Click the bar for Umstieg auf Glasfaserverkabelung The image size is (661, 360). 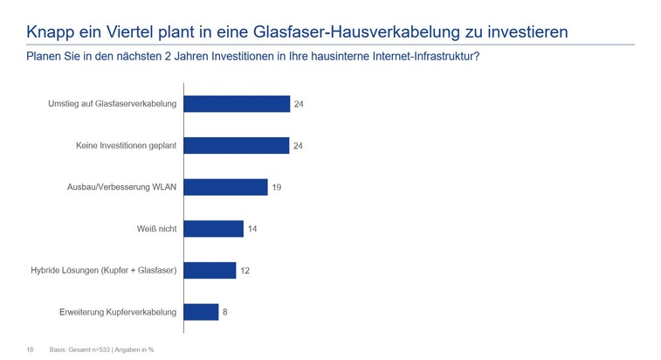pos(237,104)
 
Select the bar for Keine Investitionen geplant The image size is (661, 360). pos(237,145)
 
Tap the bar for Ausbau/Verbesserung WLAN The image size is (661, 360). pos(225,187)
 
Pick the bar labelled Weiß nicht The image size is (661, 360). pos(213,228)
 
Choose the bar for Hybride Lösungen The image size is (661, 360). pos(210,270)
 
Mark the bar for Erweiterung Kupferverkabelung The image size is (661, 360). pos(201,312)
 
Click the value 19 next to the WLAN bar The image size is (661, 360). pos(277,187)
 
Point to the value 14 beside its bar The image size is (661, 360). pos(252,229)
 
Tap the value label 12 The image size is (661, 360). pos(245,271)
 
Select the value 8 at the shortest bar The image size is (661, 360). pos(225,312)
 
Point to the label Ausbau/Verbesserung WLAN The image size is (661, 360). pos(122,187)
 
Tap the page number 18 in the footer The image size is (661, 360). pos(30,349)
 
